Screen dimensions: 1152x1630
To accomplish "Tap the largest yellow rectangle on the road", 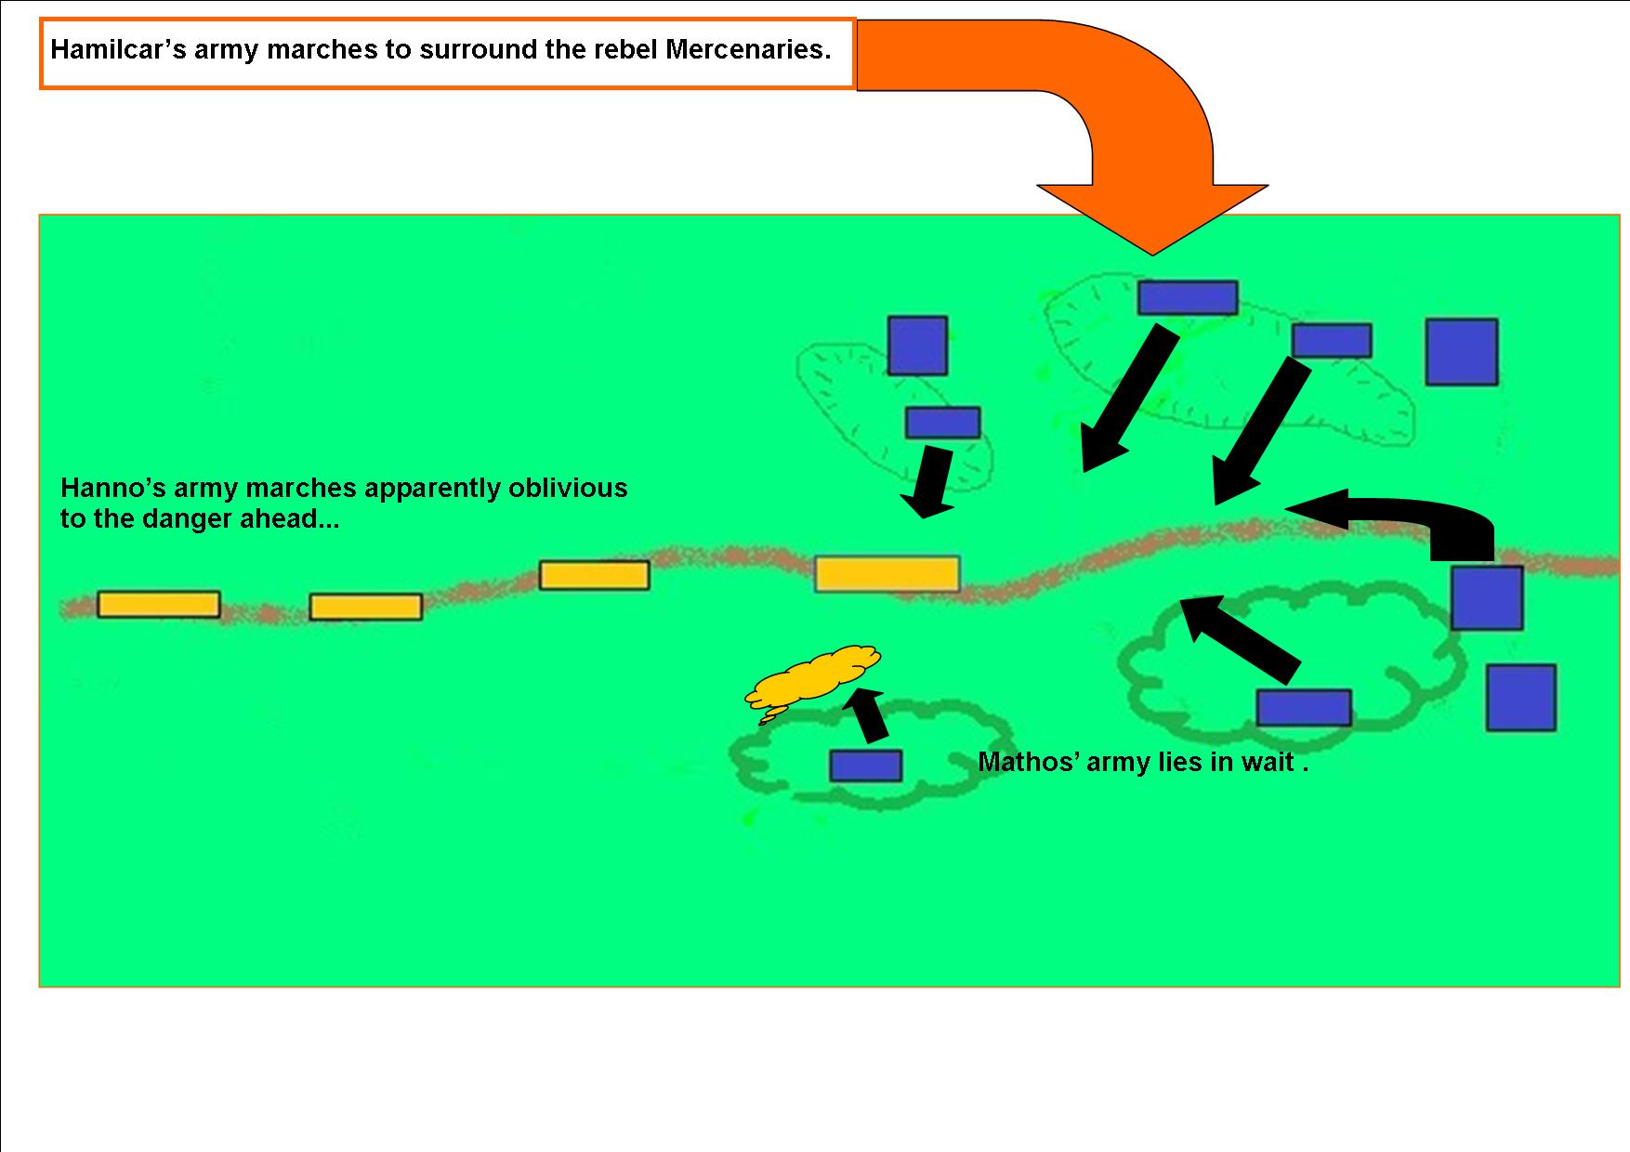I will (x=887, y=574).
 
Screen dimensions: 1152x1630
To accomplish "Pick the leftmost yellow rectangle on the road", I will (x=159, y=605).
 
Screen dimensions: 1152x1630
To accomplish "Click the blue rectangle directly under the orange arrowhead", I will (x=1188, y=298).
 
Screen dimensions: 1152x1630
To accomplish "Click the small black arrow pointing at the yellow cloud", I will (x=869, y=715).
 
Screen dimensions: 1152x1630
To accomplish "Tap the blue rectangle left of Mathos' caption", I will (x=865, y=766).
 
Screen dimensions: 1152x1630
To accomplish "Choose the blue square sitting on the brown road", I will (x=1487, y=598).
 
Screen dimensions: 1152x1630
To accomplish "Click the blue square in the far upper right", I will (x=1462, y=352).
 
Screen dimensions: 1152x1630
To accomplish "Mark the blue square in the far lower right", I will (x=1520, y=698).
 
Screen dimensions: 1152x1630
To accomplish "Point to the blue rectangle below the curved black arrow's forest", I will (x=1304, y=708).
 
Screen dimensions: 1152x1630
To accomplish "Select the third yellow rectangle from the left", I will (x=595, y=575).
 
